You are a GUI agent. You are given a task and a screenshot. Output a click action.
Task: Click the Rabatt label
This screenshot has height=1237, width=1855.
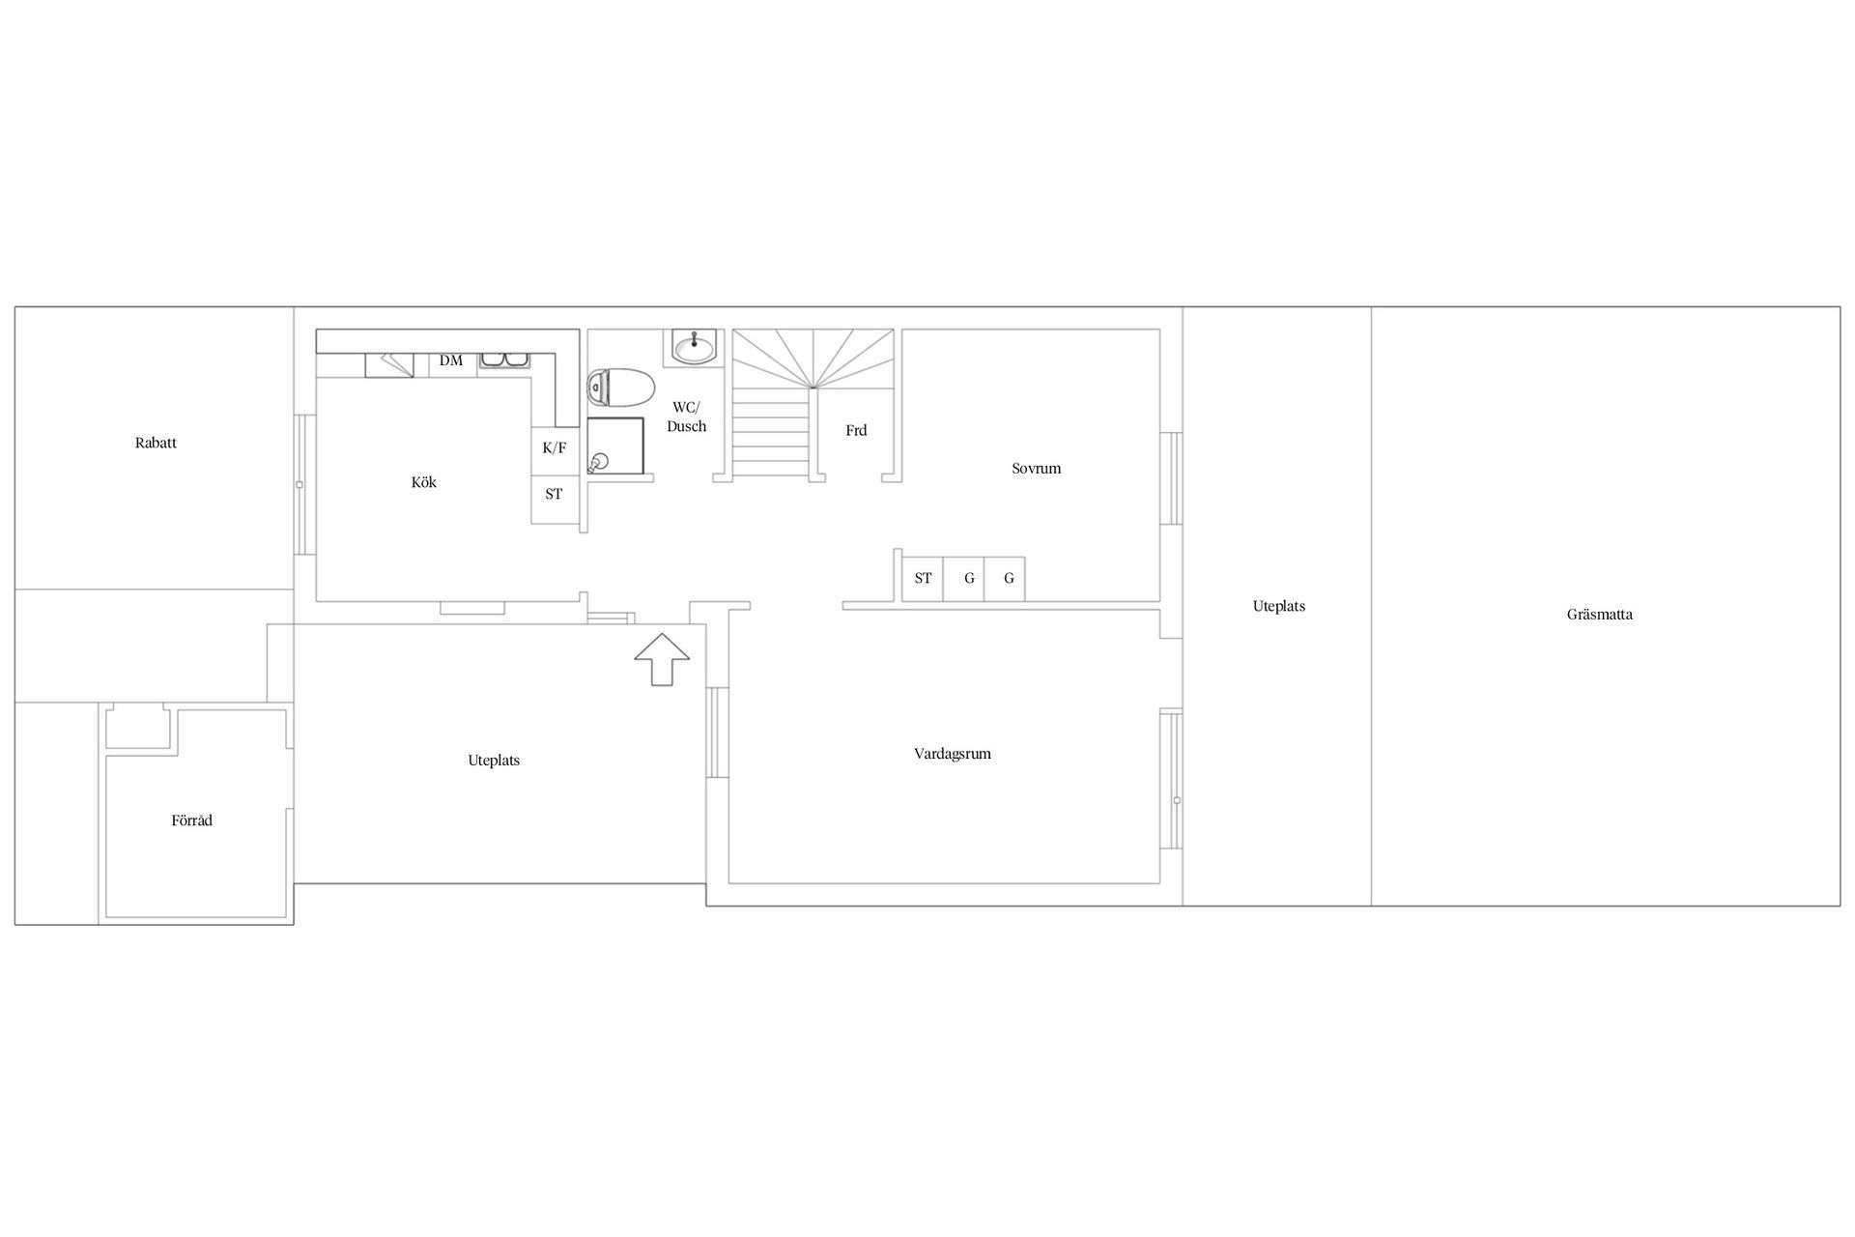pyautogui.click(x=156, y=444)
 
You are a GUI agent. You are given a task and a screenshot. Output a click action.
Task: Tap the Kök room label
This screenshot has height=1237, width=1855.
pyautogui.click(x=424, y=482)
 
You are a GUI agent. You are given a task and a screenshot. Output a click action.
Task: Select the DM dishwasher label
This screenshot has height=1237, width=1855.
pyautogui.click(x=451, y=360)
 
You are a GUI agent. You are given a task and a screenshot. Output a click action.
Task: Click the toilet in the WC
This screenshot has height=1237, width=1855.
pyautogui.click(x=619, y=388)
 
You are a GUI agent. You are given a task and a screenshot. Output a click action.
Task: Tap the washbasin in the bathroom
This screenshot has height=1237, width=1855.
pyautogui.click(x=694, y=346)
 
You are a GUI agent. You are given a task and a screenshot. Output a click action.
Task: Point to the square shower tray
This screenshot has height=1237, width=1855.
pyautogui.click(x=615, y=446)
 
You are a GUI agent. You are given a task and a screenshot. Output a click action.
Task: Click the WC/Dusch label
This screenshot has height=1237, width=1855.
pyautogui.click(x=687, y=417)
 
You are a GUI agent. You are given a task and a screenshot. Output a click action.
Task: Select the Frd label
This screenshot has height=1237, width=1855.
pyautogui.click(x=856, y=431)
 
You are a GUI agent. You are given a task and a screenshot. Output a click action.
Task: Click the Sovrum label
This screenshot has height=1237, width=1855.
pyautogui.click(x=1037, y=469)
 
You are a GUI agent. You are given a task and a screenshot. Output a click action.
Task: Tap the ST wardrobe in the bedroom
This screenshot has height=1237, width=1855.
pyautogui.click(x=923, y=579)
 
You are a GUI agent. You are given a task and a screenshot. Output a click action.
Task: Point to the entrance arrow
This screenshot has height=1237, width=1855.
pyautogui.click(x=662, y=660)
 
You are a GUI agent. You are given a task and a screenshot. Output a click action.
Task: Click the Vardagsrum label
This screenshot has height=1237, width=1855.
pyautogui.click(x=953, y=754)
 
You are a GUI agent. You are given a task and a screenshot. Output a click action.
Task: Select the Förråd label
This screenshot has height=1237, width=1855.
pyautogui.click(x=191, y=820)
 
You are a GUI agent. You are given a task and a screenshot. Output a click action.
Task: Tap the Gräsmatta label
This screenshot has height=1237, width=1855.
pyautogui.click(x=1600, y=615)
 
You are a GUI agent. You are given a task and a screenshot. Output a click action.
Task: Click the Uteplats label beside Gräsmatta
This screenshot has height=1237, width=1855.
pyautogui.click(x=1279, y=607)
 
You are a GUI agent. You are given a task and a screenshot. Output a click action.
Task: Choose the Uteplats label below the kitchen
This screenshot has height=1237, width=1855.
pyautogui.click(x=494, y=761)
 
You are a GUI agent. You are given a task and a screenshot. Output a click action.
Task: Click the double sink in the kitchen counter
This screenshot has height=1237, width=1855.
pyautogui.click(x=504, y=360)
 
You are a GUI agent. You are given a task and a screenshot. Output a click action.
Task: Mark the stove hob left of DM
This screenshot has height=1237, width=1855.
pyautogui.click(x=389, y=365)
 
